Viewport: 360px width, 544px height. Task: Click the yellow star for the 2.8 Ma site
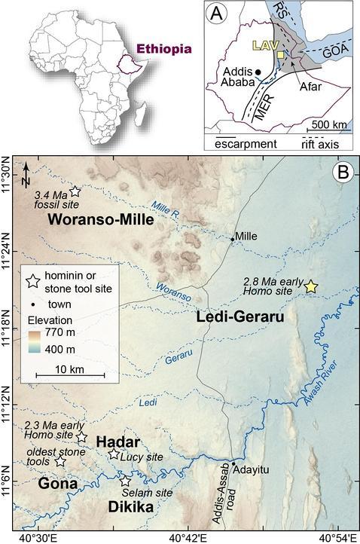pos(311,286)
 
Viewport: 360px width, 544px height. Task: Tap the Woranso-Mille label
pos(100,220)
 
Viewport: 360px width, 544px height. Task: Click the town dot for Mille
pos(233,239)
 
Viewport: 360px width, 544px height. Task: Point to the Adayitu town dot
pos(233,462)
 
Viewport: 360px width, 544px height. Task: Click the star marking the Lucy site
pos(114,454)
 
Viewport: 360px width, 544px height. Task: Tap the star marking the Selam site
pos(126,480)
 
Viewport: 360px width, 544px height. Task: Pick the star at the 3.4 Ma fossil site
pos(75,191)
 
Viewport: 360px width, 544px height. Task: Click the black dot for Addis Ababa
pos(258,72)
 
